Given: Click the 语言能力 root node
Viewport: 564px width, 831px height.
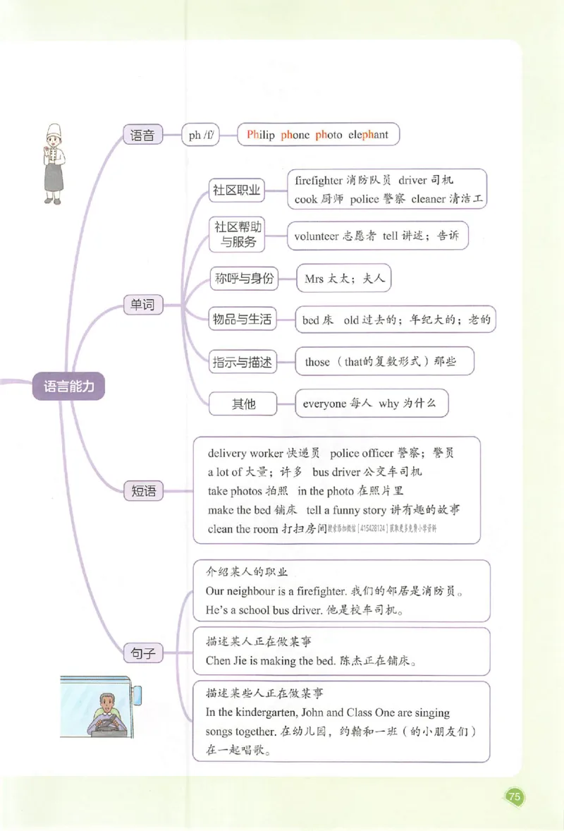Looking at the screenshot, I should point(68,387).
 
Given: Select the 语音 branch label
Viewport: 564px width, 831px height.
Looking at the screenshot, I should point(142,135).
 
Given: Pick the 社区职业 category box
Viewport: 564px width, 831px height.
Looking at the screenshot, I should point(237,190).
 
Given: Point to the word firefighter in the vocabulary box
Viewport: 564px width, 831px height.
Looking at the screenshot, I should point(319,181).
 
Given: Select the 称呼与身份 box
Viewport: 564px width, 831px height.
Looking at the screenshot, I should point(243,279).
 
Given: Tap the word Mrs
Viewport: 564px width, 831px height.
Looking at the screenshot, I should point(314,279).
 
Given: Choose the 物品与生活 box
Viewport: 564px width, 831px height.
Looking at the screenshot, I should point(242,320).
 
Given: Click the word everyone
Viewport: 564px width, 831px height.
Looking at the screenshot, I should point(324,404).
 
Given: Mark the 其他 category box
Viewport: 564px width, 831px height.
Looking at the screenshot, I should point(243,404).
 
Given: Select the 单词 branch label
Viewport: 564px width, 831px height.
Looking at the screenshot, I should point(142,305).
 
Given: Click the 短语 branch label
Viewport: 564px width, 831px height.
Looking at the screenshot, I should point(143,491).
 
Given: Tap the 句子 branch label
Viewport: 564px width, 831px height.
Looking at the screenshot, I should point(143,654).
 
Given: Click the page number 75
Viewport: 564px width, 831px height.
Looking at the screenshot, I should point(514,797).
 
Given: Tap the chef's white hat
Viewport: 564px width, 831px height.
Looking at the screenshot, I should point(54,131).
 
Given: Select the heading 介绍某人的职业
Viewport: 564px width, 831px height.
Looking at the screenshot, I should point(247,572).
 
